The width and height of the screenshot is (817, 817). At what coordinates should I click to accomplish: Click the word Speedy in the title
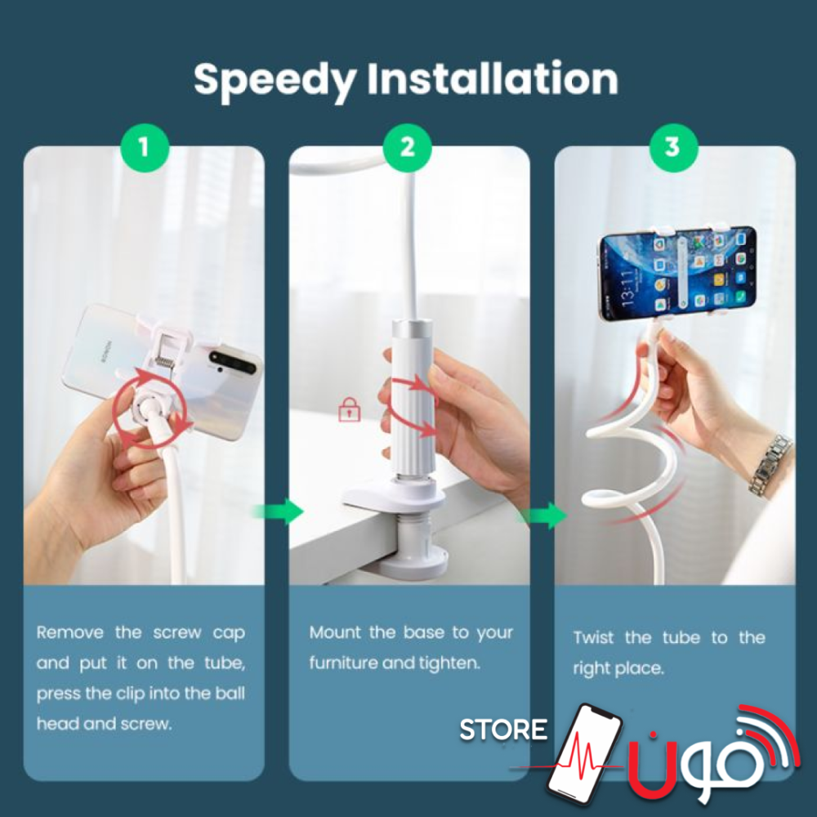(275, 81)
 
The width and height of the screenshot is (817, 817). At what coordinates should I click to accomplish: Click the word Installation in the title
(493, 78)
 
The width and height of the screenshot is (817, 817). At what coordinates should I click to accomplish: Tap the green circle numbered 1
(145, 147)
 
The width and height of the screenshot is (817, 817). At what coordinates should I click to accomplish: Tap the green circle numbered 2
(408, 147)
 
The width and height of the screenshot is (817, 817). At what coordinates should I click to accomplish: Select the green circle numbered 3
(672, 147)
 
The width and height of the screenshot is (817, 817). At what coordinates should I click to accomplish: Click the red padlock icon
(349, 409)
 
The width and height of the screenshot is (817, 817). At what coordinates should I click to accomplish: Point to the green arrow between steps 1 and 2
(279, 511)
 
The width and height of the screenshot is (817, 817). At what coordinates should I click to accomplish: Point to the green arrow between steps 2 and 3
(543, 515)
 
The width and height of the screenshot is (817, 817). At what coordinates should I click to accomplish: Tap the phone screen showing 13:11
(678, 274)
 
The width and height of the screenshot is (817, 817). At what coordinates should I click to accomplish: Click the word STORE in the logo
(503, 730)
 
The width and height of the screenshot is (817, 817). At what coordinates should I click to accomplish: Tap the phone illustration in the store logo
(585, 754)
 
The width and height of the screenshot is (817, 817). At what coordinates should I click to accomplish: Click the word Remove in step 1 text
(69, 632)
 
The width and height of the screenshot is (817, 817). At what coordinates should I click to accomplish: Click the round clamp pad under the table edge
(414, 565)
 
